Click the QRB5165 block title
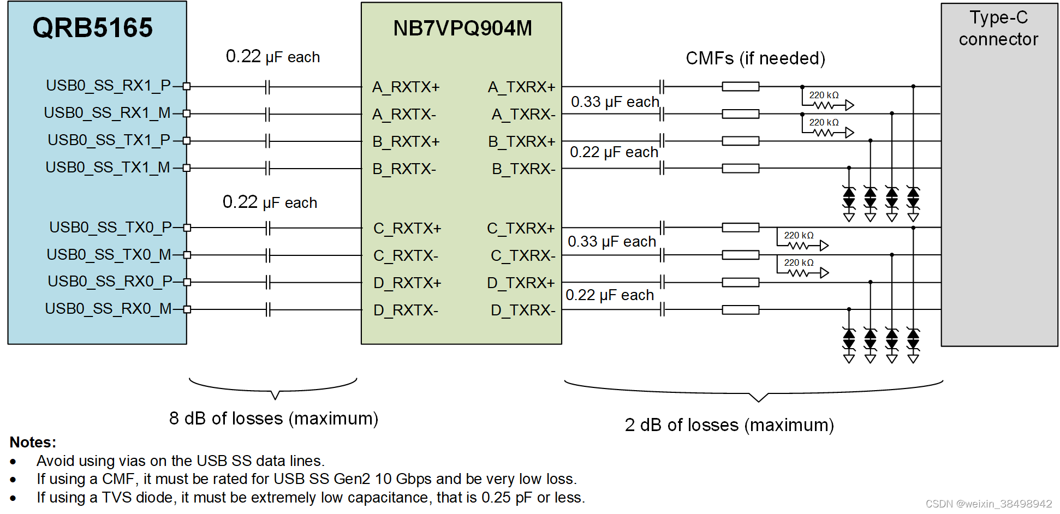coord(92,28)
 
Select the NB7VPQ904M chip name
coord(462,28)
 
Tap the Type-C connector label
coord(998,28)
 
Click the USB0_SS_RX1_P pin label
coord(108,86)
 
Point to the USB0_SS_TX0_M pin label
coord(109,255)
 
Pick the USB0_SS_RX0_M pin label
coord(108,309)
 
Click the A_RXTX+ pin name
coord(406,87)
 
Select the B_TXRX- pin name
coord(523,169)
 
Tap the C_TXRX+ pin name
coord(521,228)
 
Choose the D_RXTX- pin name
coord(406,310)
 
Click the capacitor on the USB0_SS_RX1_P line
coord(267,86)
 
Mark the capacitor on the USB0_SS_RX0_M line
coord(267,310)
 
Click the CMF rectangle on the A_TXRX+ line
coord(740,86)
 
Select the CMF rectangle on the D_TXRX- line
coord(740,310)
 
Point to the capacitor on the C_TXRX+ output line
coord(662,228)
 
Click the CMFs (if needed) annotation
coord(755,58)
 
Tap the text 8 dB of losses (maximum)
coord(273,419)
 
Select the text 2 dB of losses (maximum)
coord(729,425)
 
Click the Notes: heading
coord(33,442)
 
